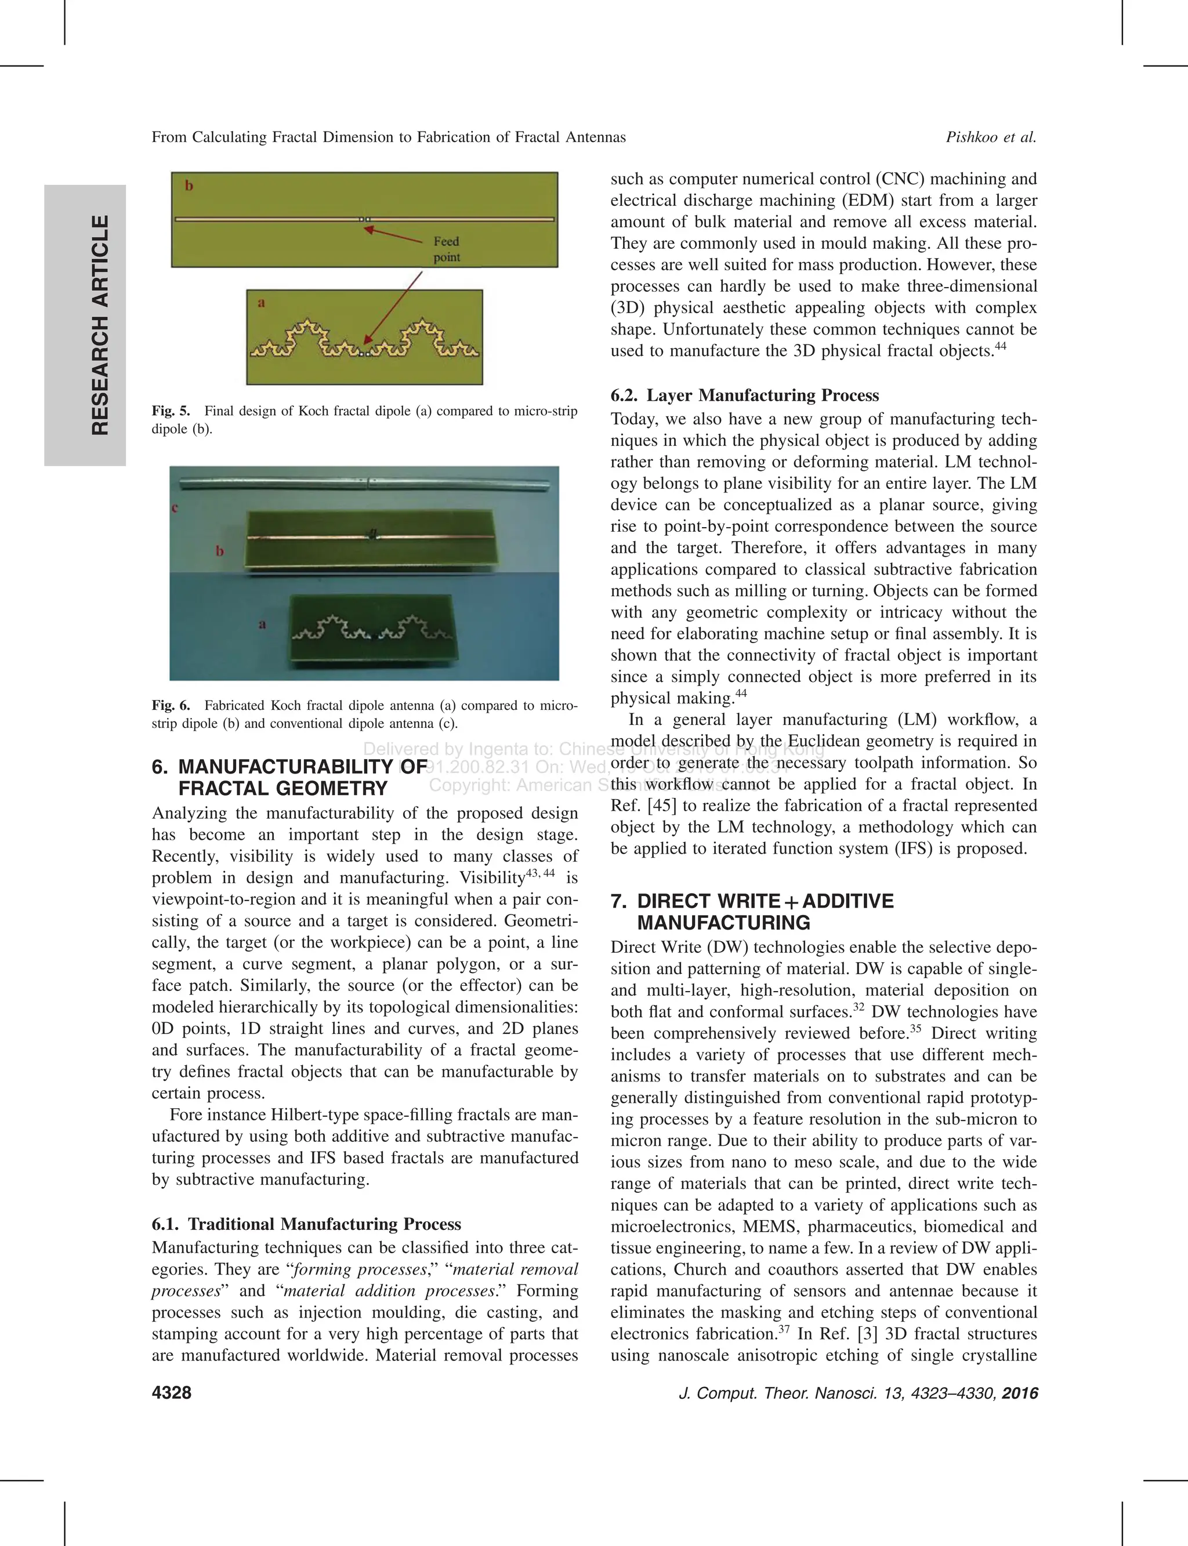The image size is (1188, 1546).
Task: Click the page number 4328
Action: [171, 1392]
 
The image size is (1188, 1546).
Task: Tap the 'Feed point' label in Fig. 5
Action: [446, 249]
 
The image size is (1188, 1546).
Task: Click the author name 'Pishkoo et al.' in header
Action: [991, 137]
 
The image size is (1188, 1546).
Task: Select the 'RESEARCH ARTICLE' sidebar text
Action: [100, 325]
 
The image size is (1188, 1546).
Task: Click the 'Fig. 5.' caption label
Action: [171, 411]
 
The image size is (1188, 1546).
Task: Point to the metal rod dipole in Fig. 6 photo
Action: [364, 484]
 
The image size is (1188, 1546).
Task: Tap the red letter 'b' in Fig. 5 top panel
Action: [189, 186]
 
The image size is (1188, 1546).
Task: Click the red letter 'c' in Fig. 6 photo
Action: [175, 507]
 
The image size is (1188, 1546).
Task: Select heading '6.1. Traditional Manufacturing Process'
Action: [306, 1224]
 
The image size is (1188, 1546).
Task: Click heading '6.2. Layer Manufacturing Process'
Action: [745, 395]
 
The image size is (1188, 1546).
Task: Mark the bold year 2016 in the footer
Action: [1020, 1392]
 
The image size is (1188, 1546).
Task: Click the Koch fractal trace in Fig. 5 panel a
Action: [364, 342]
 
